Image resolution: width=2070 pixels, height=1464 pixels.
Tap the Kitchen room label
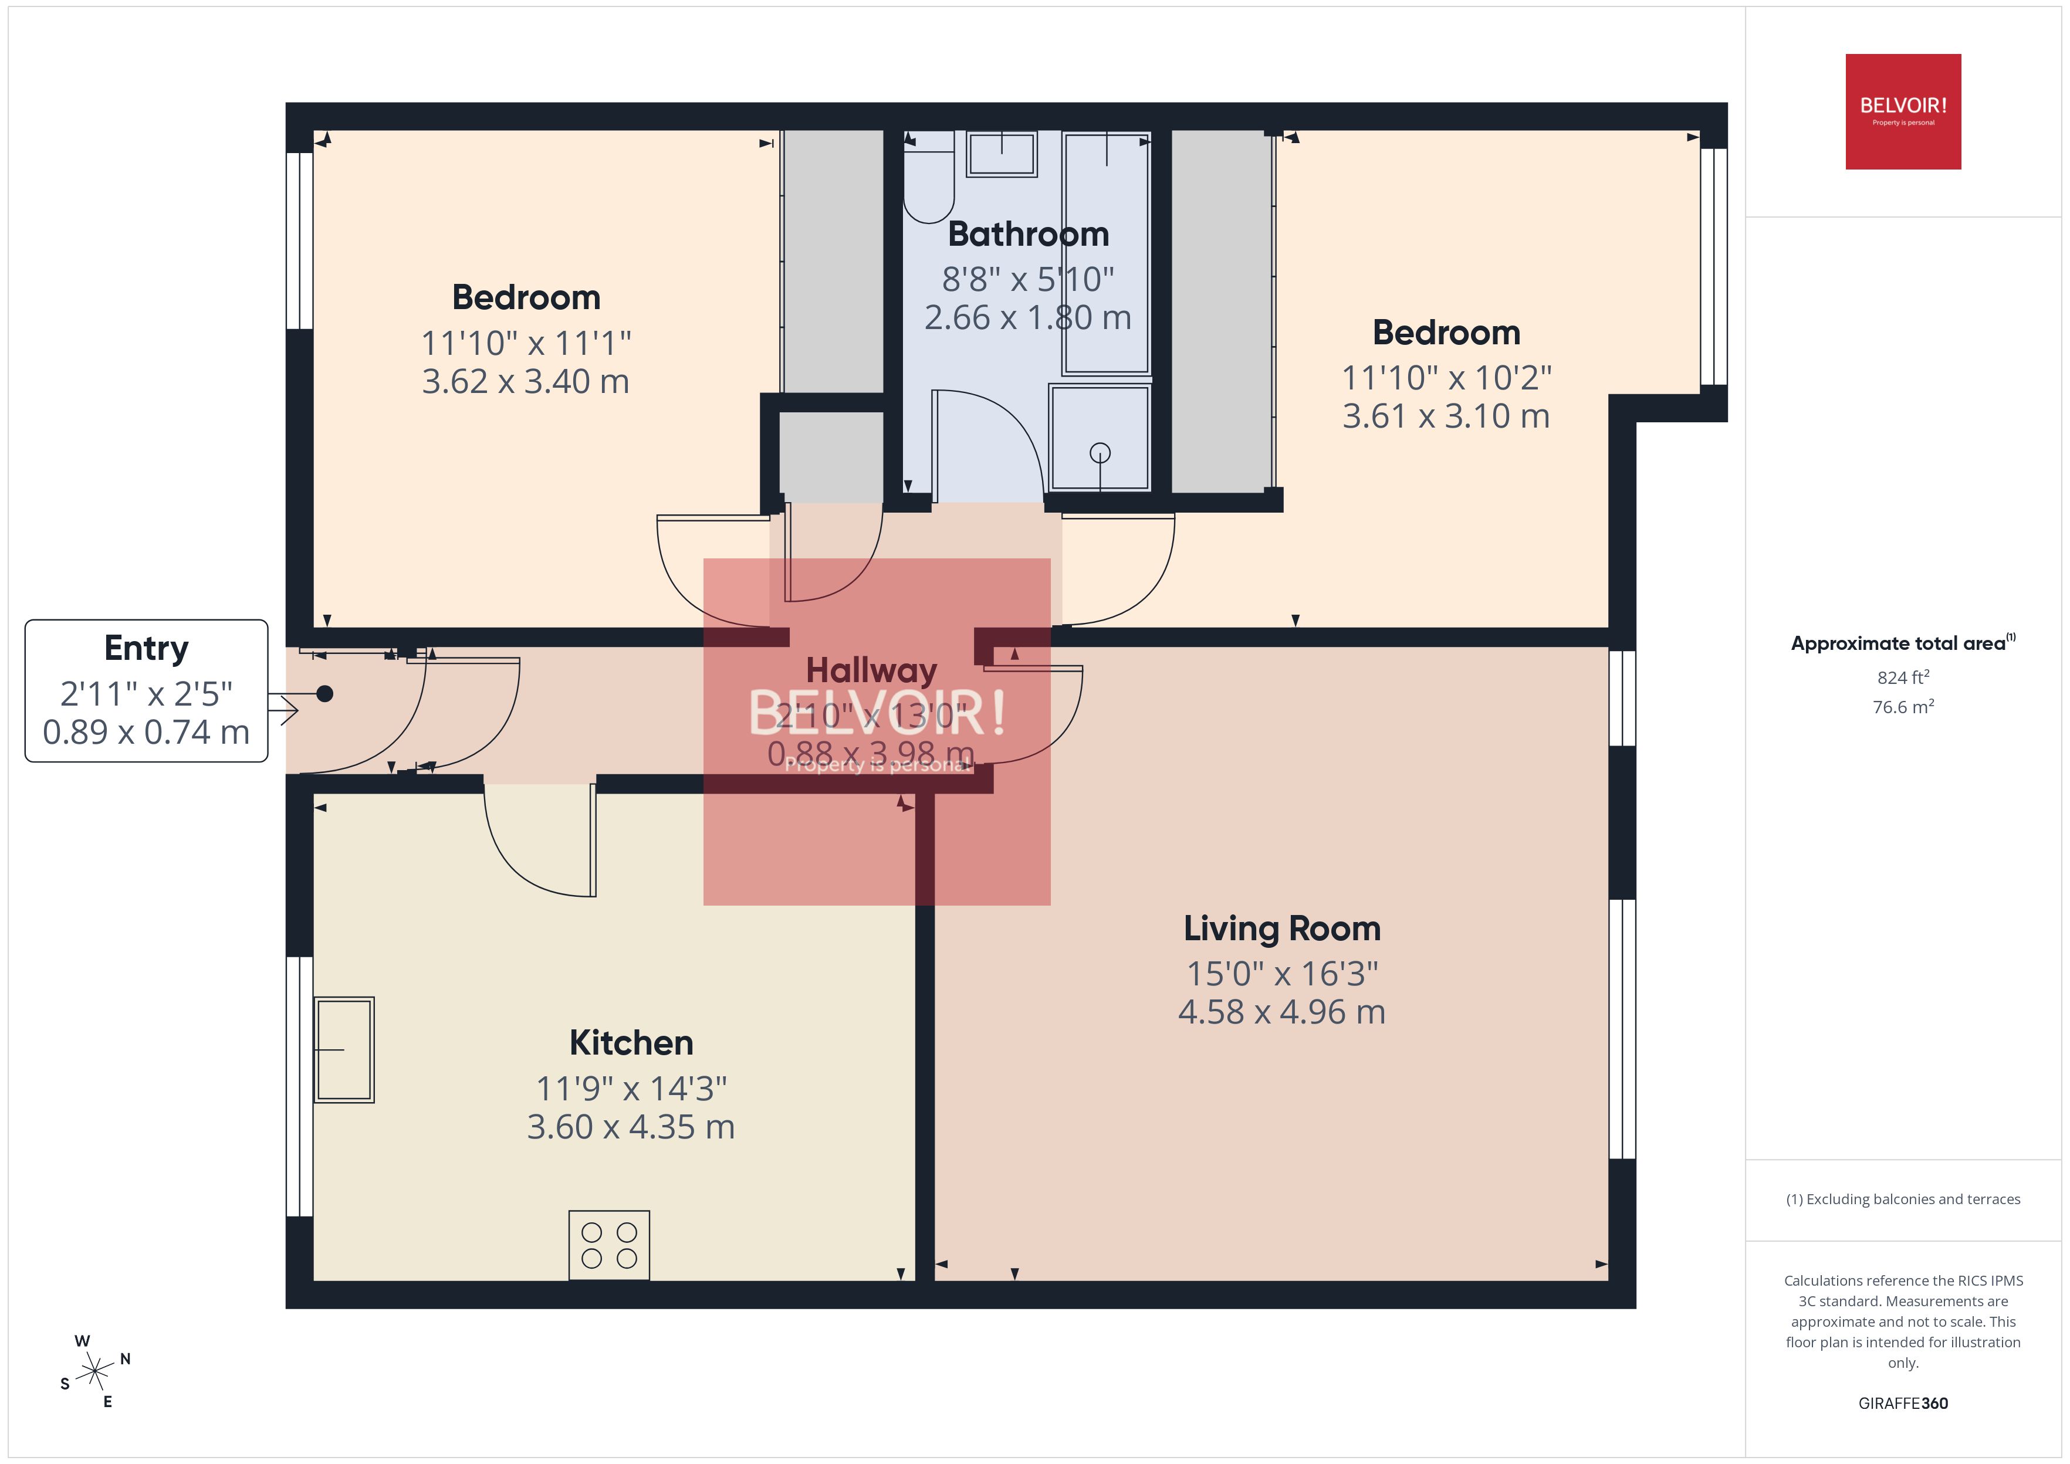pyautogui.click(x=631, y=1043)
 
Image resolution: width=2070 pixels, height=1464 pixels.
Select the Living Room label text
pyautogui.click(x=1281, y=928)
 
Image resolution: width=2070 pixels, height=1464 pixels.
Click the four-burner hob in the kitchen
pyautogui.click(x=608, y=1245)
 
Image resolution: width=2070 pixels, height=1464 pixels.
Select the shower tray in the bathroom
pyautogui.click(x=1099, y=438)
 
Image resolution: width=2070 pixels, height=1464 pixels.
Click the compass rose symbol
pyautogui.click(x=94, y=1372)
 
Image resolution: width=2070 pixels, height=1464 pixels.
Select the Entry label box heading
pyautogui.click(x=146, y=648)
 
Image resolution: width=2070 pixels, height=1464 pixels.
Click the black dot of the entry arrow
pyautogui.click(x=324, y=693)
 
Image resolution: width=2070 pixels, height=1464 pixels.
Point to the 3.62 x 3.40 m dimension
pyautogui.click(x=526, y=381)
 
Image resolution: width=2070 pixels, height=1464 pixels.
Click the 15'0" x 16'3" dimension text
pyautogui.click(x=1281, y=974)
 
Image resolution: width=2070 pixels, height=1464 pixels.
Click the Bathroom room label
pyautogui.click(x=1028, y=235)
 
